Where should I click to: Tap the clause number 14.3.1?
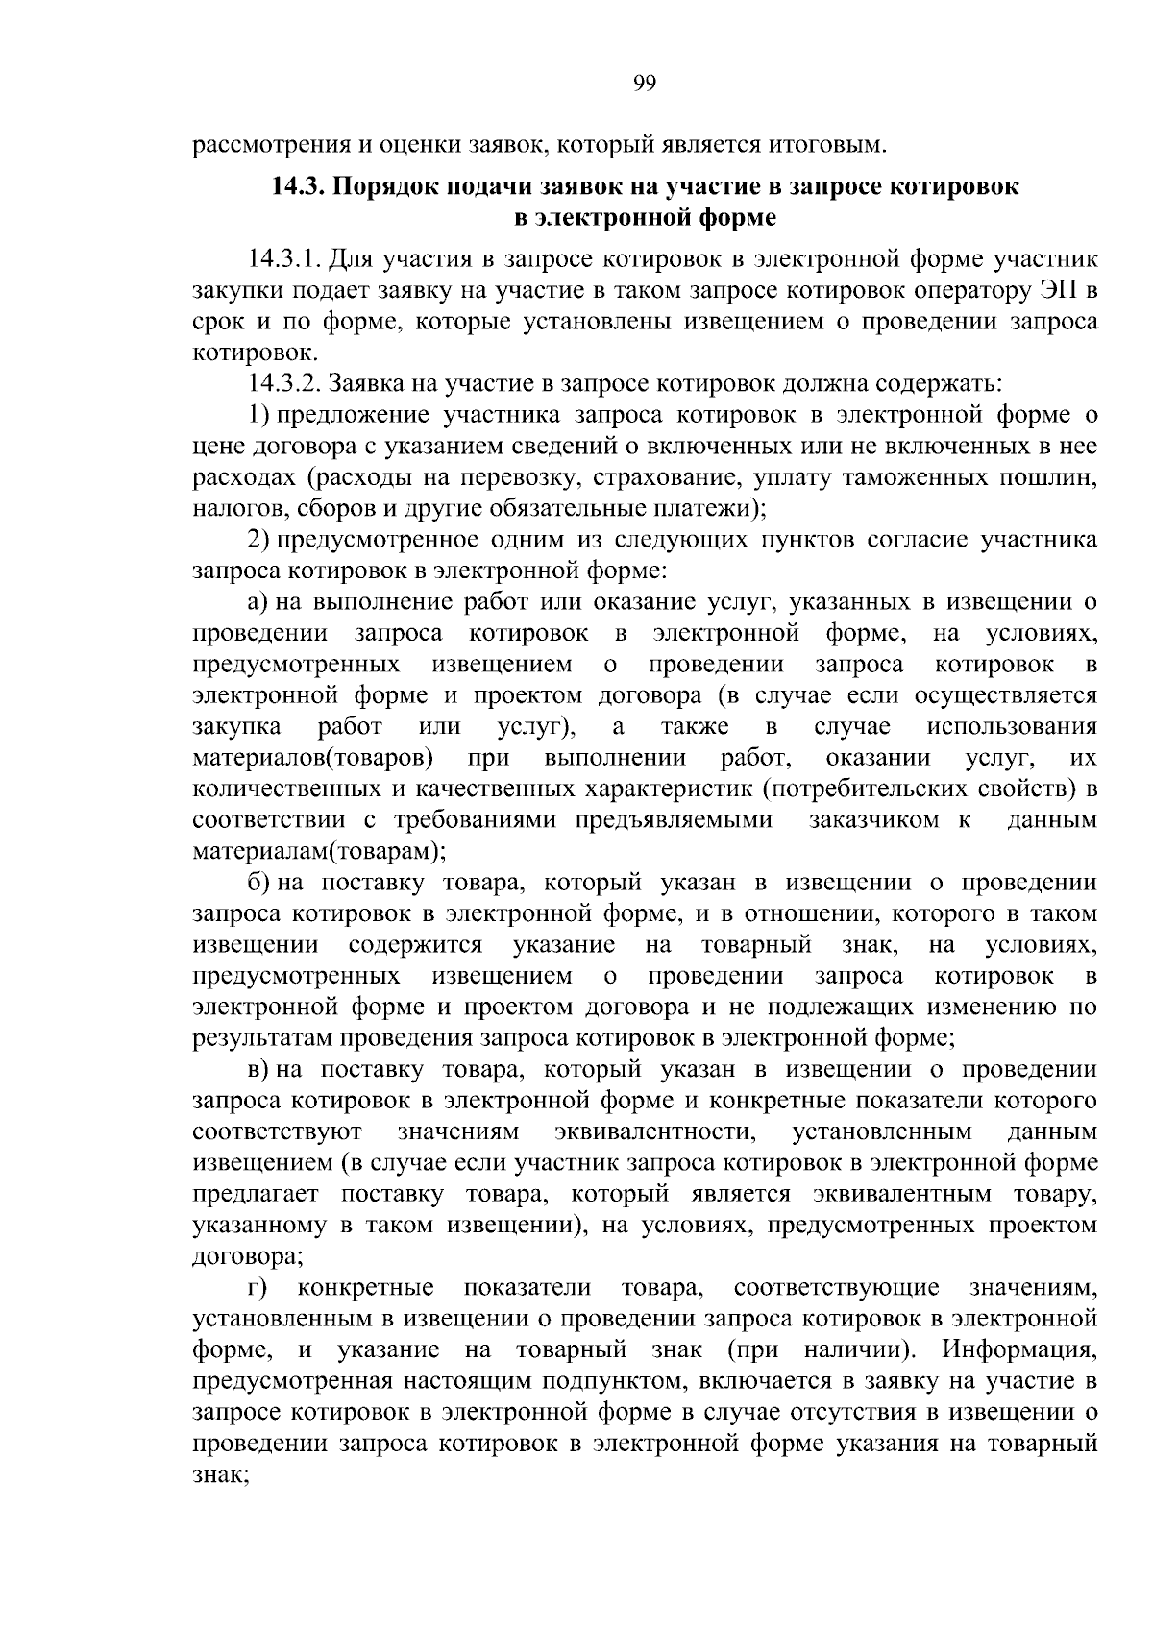[284, 260]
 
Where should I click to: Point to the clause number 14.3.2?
[284, 384]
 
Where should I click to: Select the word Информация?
[1018, 1349]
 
